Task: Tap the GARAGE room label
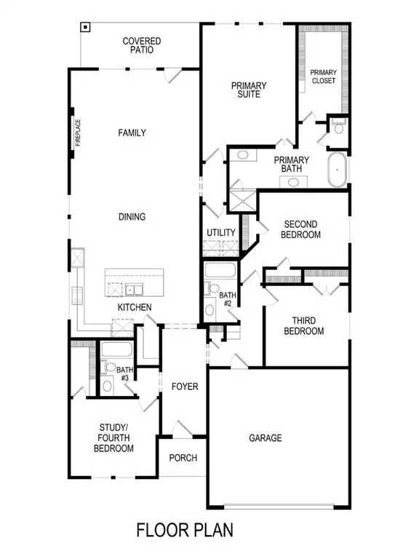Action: click(266, 438)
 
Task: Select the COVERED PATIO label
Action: click(142, 47)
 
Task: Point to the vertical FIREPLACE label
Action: click(77, 133)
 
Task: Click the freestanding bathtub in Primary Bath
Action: click(338, 170)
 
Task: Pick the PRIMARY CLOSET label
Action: click(322, 76)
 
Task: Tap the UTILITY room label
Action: click(221, 233)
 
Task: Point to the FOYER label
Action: click(185, 386)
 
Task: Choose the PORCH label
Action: click(183, 458)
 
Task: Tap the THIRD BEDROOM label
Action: click(308, 325)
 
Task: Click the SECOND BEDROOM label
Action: click(302, 229)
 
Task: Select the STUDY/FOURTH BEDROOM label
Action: click(113, 438)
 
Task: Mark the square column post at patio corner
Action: click(85, 28)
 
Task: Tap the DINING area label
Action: click(132, 216)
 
